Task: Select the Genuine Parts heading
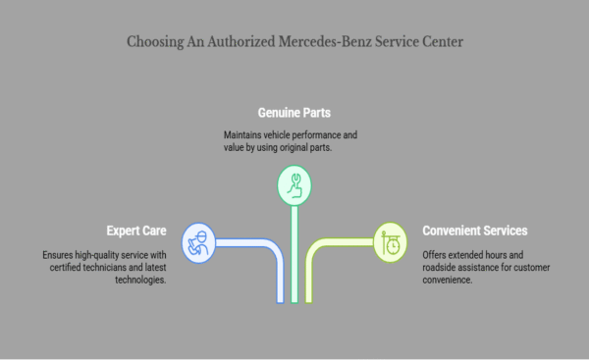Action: [x=294, y=113]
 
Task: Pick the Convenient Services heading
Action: [x=475, y=231]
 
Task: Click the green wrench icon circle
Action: [x=294, y=183]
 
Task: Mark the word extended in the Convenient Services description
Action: [x=467, y=254]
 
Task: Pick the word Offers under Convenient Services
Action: [x=435, y=254]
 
